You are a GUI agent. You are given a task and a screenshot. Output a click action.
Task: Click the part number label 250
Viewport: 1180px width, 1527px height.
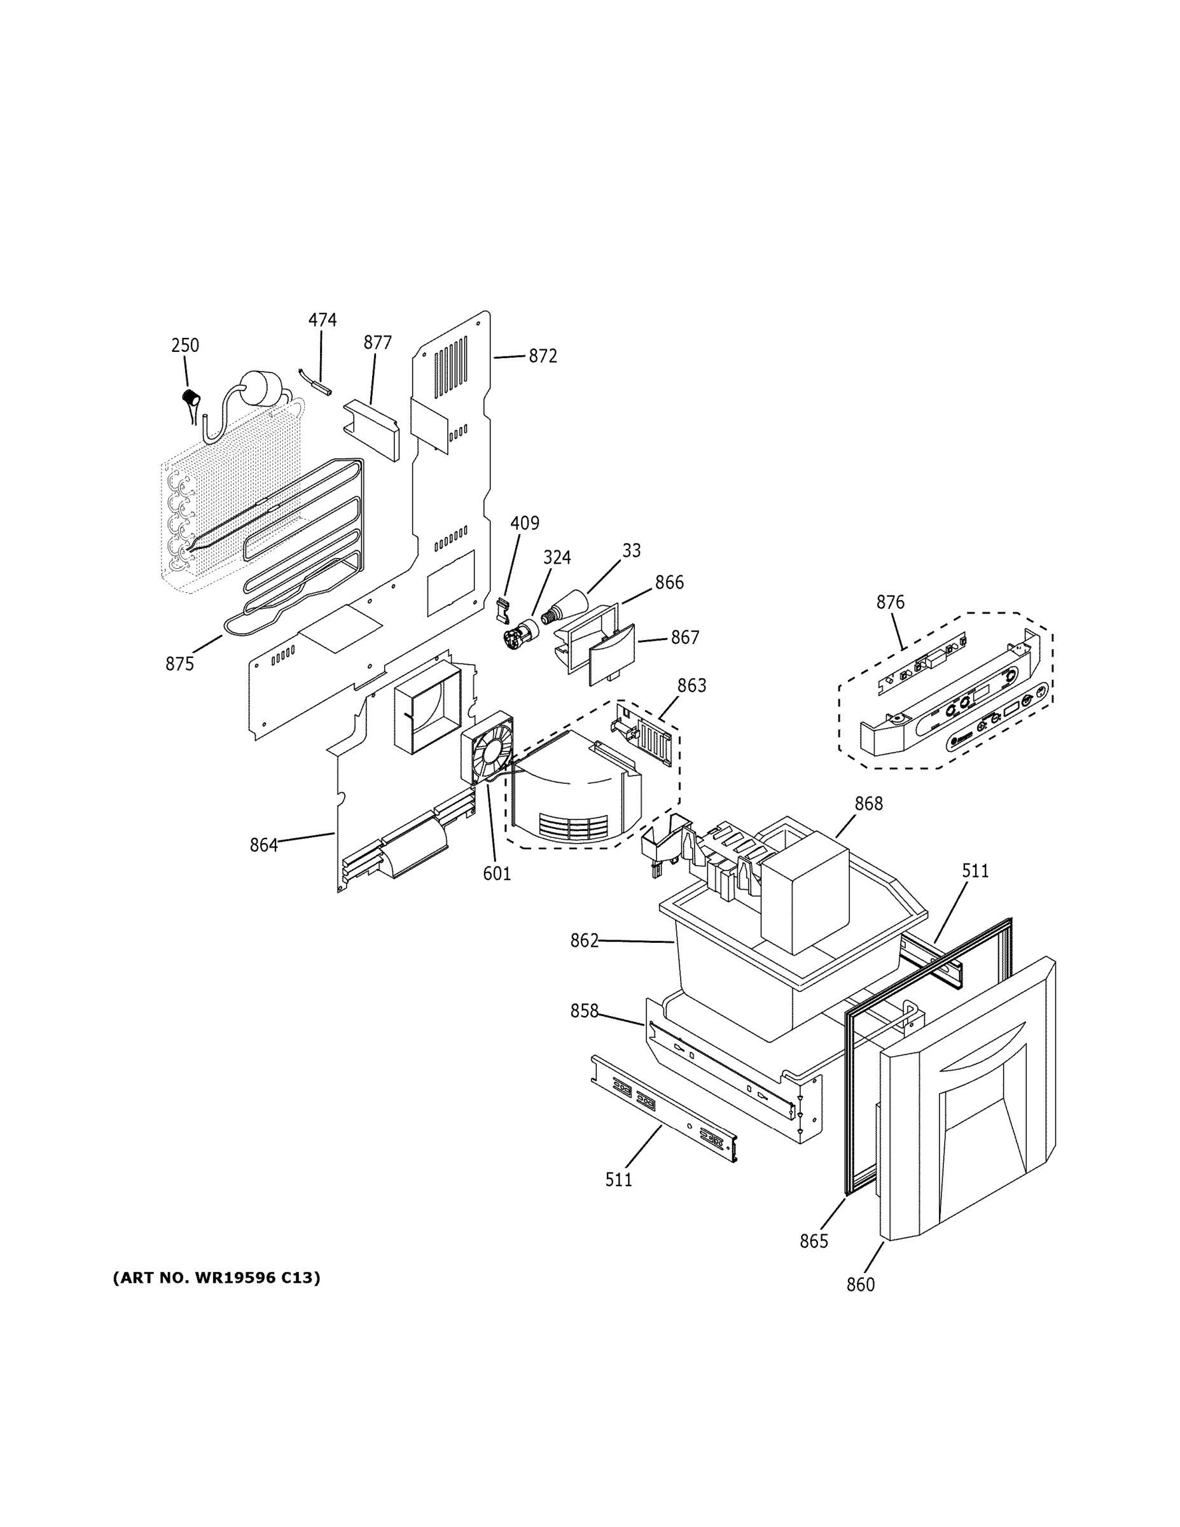pos(185,345)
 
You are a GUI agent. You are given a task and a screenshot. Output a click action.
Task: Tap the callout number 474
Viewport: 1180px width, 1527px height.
pos(323,320)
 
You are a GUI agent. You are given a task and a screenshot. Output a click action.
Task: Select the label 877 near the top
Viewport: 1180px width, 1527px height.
pos(377,342)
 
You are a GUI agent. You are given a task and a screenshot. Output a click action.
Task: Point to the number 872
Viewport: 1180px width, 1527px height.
pos(543,356)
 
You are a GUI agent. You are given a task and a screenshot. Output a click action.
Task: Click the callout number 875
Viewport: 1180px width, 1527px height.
pos(179,664)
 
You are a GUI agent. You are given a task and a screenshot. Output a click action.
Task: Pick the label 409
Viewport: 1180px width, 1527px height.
pos(524,523)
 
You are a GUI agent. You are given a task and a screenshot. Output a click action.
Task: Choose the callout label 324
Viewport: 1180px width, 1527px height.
pos(557,557)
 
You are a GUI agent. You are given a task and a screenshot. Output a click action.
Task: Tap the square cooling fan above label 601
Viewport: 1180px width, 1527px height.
pos(487,748)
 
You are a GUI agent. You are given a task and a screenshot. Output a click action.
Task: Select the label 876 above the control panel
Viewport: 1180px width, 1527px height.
pos(890,602)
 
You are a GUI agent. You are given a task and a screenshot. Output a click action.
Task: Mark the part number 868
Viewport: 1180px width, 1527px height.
pos(868,804)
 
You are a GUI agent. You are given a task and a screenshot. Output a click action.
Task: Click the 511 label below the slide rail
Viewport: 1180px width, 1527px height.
pos(619,1180)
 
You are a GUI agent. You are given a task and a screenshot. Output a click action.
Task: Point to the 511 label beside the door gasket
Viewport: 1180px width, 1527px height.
pos(975,871)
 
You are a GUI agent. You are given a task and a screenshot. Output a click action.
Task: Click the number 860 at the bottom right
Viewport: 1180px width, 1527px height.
pos(861,1285)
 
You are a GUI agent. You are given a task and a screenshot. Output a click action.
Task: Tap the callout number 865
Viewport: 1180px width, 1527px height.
pos(814,1241)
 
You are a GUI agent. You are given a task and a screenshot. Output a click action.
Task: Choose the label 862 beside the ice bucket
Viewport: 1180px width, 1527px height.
pos(585,941)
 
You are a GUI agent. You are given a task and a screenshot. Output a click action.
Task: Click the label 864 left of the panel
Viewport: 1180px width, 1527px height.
pos(263,846)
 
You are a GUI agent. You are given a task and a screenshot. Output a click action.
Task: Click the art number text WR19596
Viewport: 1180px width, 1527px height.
pos(237,1278)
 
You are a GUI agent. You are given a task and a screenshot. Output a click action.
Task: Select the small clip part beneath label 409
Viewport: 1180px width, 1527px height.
pos(501,609)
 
